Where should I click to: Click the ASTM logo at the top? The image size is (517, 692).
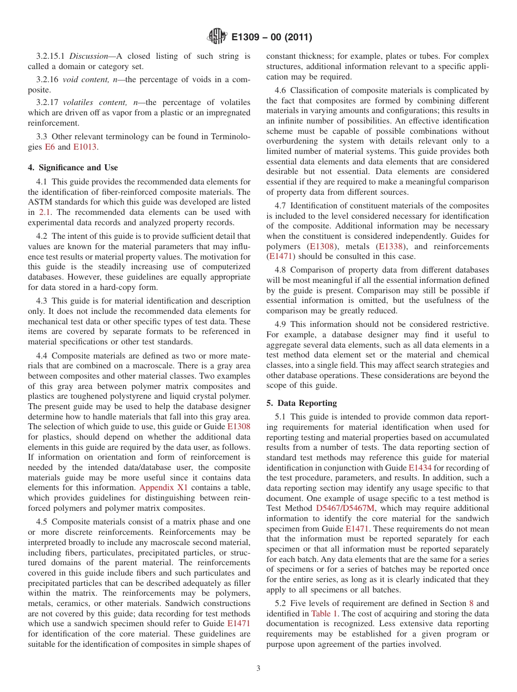(217, 37)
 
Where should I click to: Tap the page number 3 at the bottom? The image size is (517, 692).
(258, 669)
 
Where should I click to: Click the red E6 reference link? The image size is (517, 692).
(50, 147)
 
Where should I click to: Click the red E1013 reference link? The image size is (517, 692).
(85, 147)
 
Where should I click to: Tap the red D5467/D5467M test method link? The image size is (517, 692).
(345, 508)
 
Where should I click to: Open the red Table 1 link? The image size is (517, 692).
(324, 613)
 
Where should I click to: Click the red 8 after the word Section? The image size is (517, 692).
(471, 603)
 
